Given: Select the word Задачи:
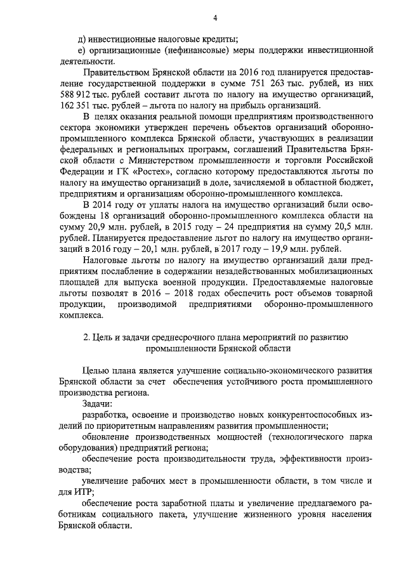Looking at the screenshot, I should coord(97,403).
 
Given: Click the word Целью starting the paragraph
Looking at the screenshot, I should coord(98,370).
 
